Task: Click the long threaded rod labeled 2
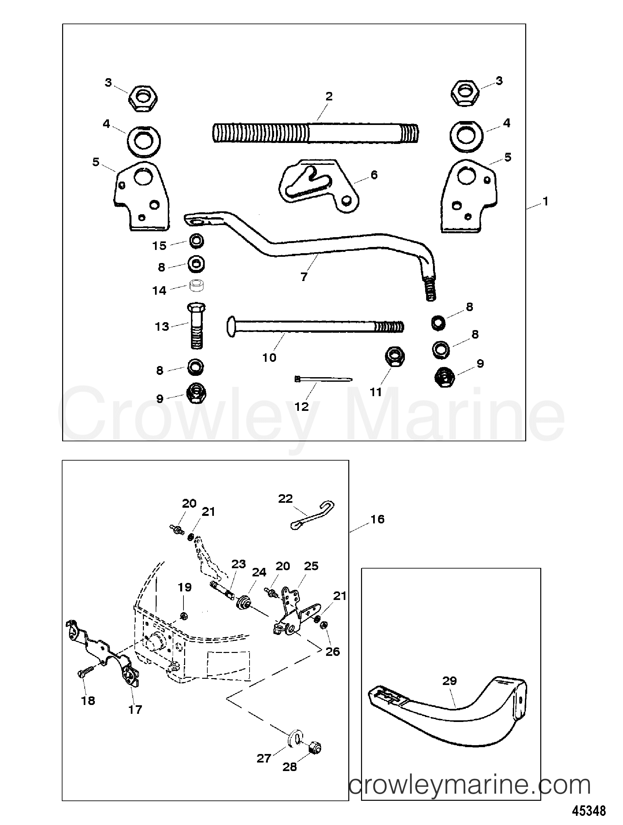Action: tap(315, 133)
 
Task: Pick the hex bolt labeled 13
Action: tap(197, 325)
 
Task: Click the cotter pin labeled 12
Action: tap(323, 379)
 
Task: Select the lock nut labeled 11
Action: tap(394, 357)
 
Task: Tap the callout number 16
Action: tap(377, 519)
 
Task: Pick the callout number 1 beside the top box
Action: tap(545, 202)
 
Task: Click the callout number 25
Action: tap(311, 566)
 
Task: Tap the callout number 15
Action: tap(159, 246)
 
